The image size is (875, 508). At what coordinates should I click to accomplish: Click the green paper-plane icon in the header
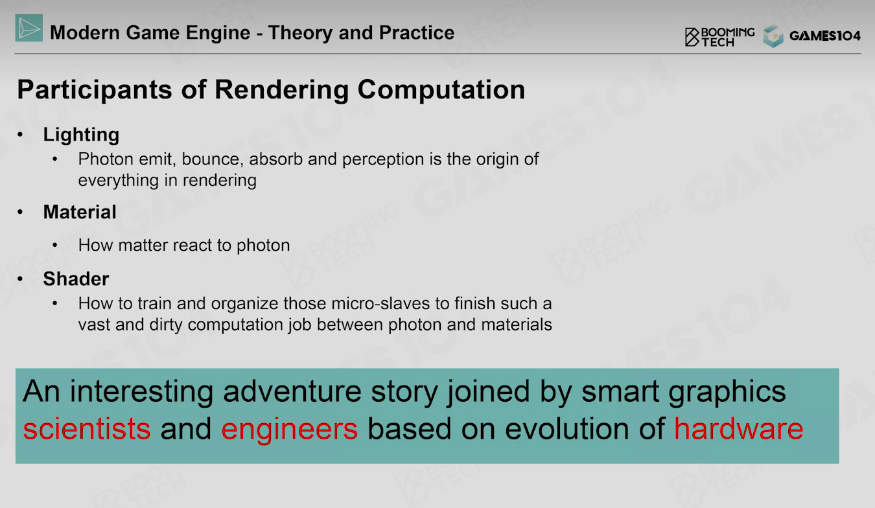[x=29, y=28]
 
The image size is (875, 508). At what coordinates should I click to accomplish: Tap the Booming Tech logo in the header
[x=719, y=37]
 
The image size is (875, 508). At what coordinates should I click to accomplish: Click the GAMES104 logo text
[x=824, y=36]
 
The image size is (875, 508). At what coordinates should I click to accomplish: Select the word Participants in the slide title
[x=95, y=90]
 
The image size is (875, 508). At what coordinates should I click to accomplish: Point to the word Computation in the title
[x=441, y=90]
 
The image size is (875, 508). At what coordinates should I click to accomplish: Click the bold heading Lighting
[x=81, y=135]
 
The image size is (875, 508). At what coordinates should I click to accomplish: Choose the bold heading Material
[x=80, y=212]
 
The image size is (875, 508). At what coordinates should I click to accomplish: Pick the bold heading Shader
[x=76, y=279]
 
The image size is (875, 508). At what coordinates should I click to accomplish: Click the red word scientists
[x=87, y=429]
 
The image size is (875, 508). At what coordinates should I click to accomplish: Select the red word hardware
[x=739, y=428]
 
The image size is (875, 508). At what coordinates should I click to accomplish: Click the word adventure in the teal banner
[x=292, y=391]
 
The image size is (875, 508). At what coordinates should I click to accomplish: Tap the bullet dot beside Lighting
[x=20, y=135]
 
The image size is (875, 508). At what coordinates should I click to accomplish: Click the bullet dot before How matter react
[x=54, y=245]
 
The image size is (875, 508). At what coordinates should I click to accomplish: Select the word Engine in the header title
[x=218, y=33]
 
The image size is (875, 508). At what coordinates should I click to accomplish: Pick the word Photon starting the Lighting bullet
[x=103, y=159]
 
